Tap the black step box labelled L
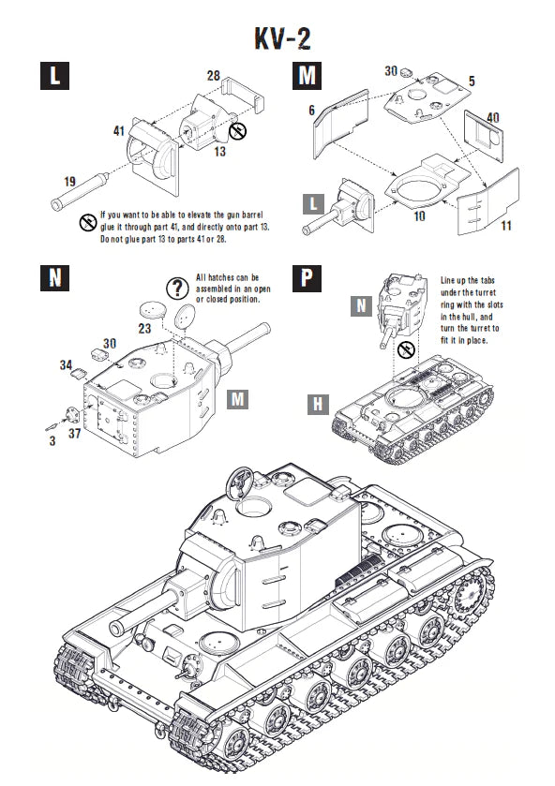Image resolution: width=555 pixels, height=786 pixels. click(x=55, y=77)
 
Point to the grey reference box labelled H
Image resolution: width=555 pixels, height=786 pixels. click(x=320, y=404)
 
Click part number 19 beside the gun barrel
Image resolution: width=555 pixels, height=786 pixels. click(x=43, y=182)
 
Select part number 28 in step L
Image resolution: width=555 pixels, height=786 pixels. click(x=213, y=75)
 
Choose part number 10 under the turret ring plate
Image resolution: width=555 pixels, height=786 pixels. click(x=418, y=216)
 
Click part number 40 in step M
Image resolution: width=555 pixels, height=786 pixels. click(x=493, y=116)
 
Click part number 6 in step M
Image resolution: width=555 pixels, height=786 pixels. click(x=310, y=110)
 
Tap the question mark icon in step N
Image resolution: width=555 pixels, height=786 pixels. click(x=176, y=288)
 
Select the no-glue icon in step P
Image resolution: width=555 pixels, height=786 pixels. click(x=406, y=349)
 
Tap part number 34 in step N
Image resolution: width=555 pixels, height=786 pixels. click(x=66, y=363)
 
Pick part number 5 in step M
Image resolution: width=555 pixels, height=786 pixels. click(x=472, y=82)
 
